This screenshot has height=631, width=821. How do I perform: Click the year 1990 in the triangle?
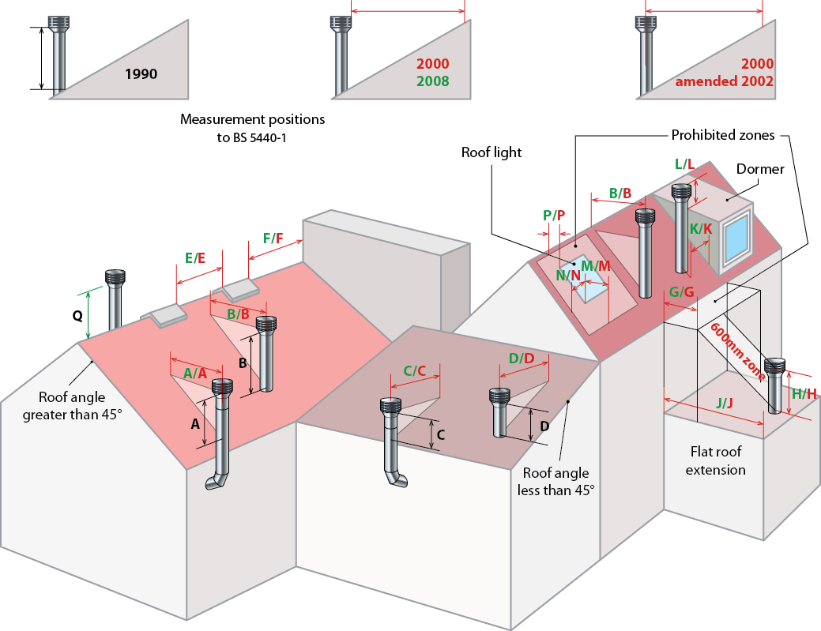coord(141,74)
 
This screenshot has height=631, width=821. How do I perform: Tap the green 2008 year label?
coord(432,81)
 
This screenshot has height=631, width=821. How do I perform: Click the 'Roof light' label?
coord(491,152)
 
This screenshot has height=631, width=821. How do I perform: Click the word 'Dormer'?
coord(759,169)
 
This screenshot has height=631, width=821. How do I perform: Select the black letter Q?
coord(77,316)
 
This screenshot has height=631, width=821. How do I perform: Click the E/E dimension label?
coord(195,257)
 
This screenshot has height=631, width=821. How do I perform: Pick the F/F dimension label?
coord(273,238)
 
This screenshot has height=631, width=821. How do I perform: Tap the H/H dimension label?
coord(804,393)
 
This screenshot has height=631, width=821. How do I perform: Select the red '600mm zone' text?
coord(736,351)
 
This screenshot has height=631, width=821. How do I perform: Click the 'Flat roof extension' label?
coord(715,461)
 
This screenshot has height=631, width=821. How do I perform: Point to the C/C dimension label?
coord(414,370)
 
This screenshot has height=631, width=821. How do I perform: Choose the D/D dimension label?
coord(522,359)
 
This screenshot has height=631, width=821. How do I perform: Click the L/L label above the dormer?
coord(684,163)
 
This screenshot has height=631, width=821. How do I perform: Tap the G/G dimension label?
coord(681,293)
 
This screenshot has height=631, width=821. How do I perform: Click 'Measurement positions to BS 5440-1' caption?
coord(252,127)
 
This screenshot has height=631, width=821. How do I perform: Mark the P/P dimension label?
coord(554,215)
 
